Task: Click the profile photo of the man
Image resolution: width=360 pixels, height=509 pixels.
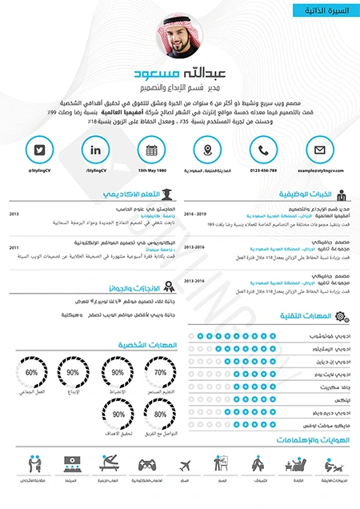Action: (180, 37)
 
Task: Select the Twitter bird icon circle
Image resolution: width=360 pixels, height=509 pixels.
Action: (39, 150)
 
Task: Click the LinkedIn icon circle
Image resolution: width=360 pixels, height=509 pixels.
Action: (96, 150)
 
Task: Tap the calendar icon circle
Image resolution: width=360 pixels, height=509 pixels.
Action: (152, 150)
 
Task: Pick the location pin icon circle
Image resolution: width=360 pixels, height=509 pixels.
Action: (207, 150)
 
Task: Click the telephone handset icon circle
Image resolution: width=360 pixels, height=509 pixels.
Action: (263, 150)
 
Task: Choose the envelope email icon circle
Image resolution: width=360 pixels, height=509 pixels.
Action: (319, 150)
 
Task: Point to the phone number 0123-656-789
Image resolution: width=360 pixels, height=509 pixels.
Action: (263, 170)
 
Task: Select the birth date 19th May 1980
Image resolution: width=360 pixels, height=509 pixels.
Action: (152, 170)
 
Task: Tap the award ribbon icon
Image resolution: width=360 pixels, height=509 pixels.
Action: (167, 287)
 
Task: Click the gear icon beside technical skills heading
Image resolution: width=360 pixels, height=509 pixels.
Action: (342, 317)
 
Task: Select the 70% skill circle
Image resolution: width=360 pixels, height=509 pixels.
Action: (160, 373)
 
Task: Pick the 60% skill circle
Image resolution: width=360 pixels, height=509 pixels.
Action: (32, 373)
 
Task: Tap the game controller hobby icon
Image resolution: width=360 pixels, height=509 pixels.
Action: (147, 464)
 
